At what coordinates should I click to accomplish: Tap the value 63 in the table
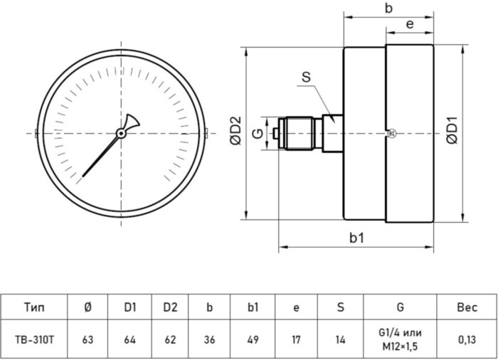(x=88, y=340)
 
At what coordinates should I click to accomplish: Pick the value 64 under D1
(x=129, y=340)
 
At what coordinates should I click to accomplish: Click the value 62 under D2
(x=169, y=340)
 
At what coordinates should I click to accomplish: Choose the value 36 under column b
(x=209, y=340)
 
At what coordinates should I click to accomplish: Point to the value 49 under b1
(x=252, y=340)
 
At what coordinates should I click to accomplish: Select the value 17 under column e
(x=296, y=340)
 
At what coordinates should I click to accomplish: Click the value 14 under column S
(x=340, y=340)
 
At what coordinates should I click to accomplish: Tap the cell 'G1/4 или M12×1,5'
(x=400, y=340)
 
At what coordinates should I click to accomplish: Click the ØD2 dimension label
(x=237, y=132)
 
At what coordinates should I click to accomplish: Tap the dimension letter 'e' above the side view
(x=410, y=23)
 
